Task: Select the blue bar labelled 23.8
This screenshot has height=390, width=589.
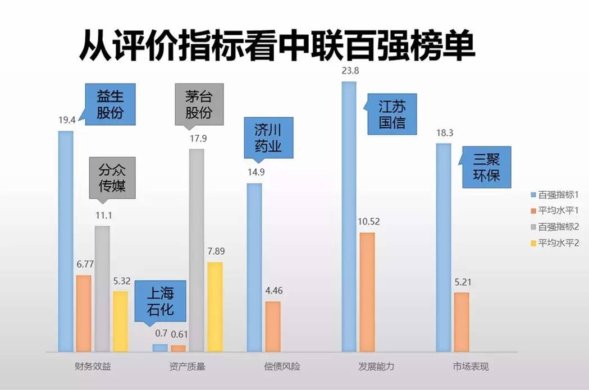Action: pos(349,217)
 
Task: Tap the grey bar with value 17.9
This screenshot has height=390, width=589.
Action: pos(197,250)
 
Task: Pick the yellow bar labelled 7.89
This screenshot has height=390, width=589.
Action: pos(215,306)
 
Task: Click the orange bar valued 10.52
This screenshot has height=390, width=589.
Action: pos(367,292)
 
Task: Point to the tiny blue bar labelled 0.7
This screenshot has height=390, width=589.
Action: pos(160,348)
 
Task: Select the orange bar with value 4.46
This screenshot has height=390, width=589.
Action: pos(273,326)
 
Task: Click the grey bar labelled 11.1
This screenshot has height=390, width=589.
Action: pos(102,288)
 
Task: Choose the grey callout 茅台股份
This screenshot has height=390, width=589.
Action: pos(199,104)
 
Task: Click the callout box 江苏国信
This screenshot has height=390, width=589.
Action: pos(392,114)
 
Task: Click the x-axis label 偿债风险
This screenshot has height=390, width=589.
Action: pos(282,367)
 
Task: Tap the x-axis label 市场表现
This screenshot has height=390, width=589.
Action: pos(471,367)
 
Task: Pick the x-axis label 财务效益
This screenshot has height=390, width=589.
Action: pos(93,367)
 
